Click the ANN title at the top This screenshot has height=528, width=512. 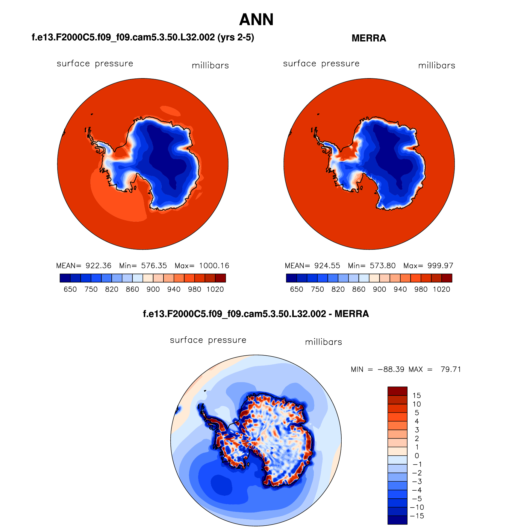pos(256,20)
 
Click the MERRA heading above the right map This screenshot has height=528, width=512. pos(369,38)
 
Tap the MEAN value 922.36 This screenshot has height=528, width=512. pos(99,266)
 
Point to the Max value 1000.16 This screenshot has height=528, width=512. pos(214,266)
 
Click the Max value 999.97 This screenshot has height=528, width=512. pos(440,266)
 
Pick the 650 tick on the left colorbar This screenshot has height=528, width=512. pos(70,289)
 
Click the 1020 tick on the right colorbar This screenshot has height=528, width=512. pos(442,289)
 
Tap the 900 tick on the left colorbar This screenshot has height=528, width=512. pos(153,289)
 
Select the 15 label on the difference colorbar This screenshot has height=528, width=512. pos(416,395)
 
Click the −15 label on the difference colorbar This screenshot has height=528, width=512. pos(418,516)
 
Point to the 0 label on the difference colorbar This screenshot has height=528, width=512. pos(416,456)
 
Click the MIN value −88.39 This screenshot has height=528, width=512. pos(391,369)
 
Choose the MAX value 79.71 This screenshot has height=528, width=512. pos(451,369)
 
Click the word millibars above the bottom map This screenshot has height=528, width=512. pos(323,342)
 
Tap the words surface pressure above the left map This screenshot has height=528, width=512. pos(95,64)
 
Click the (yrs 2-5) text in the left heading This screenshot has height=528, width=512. pos(236,37)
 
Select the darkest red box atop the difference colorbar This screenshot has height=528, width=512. pos(397,391)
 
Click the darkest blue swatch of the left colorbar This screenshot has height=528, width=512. pos(65,278)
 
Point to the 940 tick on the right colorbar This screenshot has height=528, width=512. pos(400,289)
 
